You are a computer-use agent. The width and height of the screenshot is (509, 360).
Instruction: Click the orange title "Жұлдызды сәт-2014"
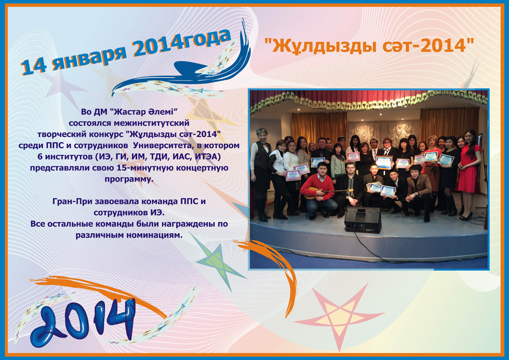[369, 46]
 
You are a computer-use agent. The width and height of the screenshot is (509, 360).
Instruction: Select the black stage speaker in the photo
[363, 220]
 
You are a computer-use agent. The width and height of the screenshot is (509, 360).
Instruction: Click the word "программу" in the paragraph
[129, 179]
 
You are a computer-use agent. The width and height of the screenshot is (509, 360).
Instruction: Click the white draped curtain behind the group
[383, 133]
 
